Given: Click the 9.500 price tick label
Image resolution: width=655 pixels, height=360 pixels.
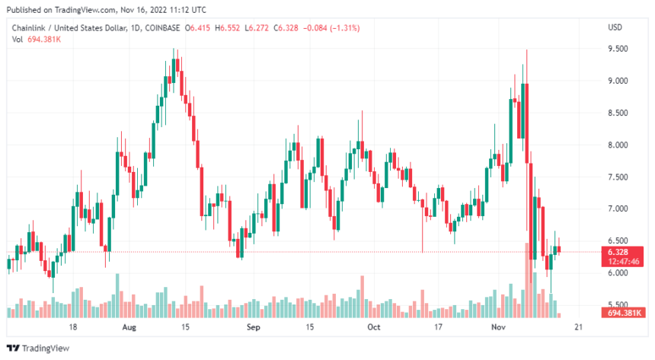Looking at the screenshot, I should pyautogui.click(x=618, y=49).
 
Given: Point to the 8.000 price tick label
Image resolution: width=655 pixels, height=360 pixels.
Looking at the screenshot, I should pyautogui.click(x=618, y=145).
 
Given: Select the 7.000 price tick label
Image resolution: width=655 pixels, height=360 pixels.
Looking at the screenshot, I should pyautogui.click(x=618, y=209).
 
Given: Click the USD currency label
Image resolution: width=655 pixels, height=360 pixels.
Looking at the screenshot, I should pyautogui.click(x=615, y=28).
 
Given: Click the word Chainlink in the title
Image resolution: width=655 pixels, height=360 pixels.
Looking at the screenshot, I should pyautogui.click(x=29, y=28).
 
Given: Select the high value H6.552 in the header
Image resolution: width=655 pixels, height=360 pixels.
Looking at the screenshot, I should pyautogui.click(x=228, y=28).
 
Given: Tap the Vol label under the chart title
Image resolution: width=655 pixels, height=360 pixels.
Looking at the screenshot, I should pyautogui.click(x=16, y=39).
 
